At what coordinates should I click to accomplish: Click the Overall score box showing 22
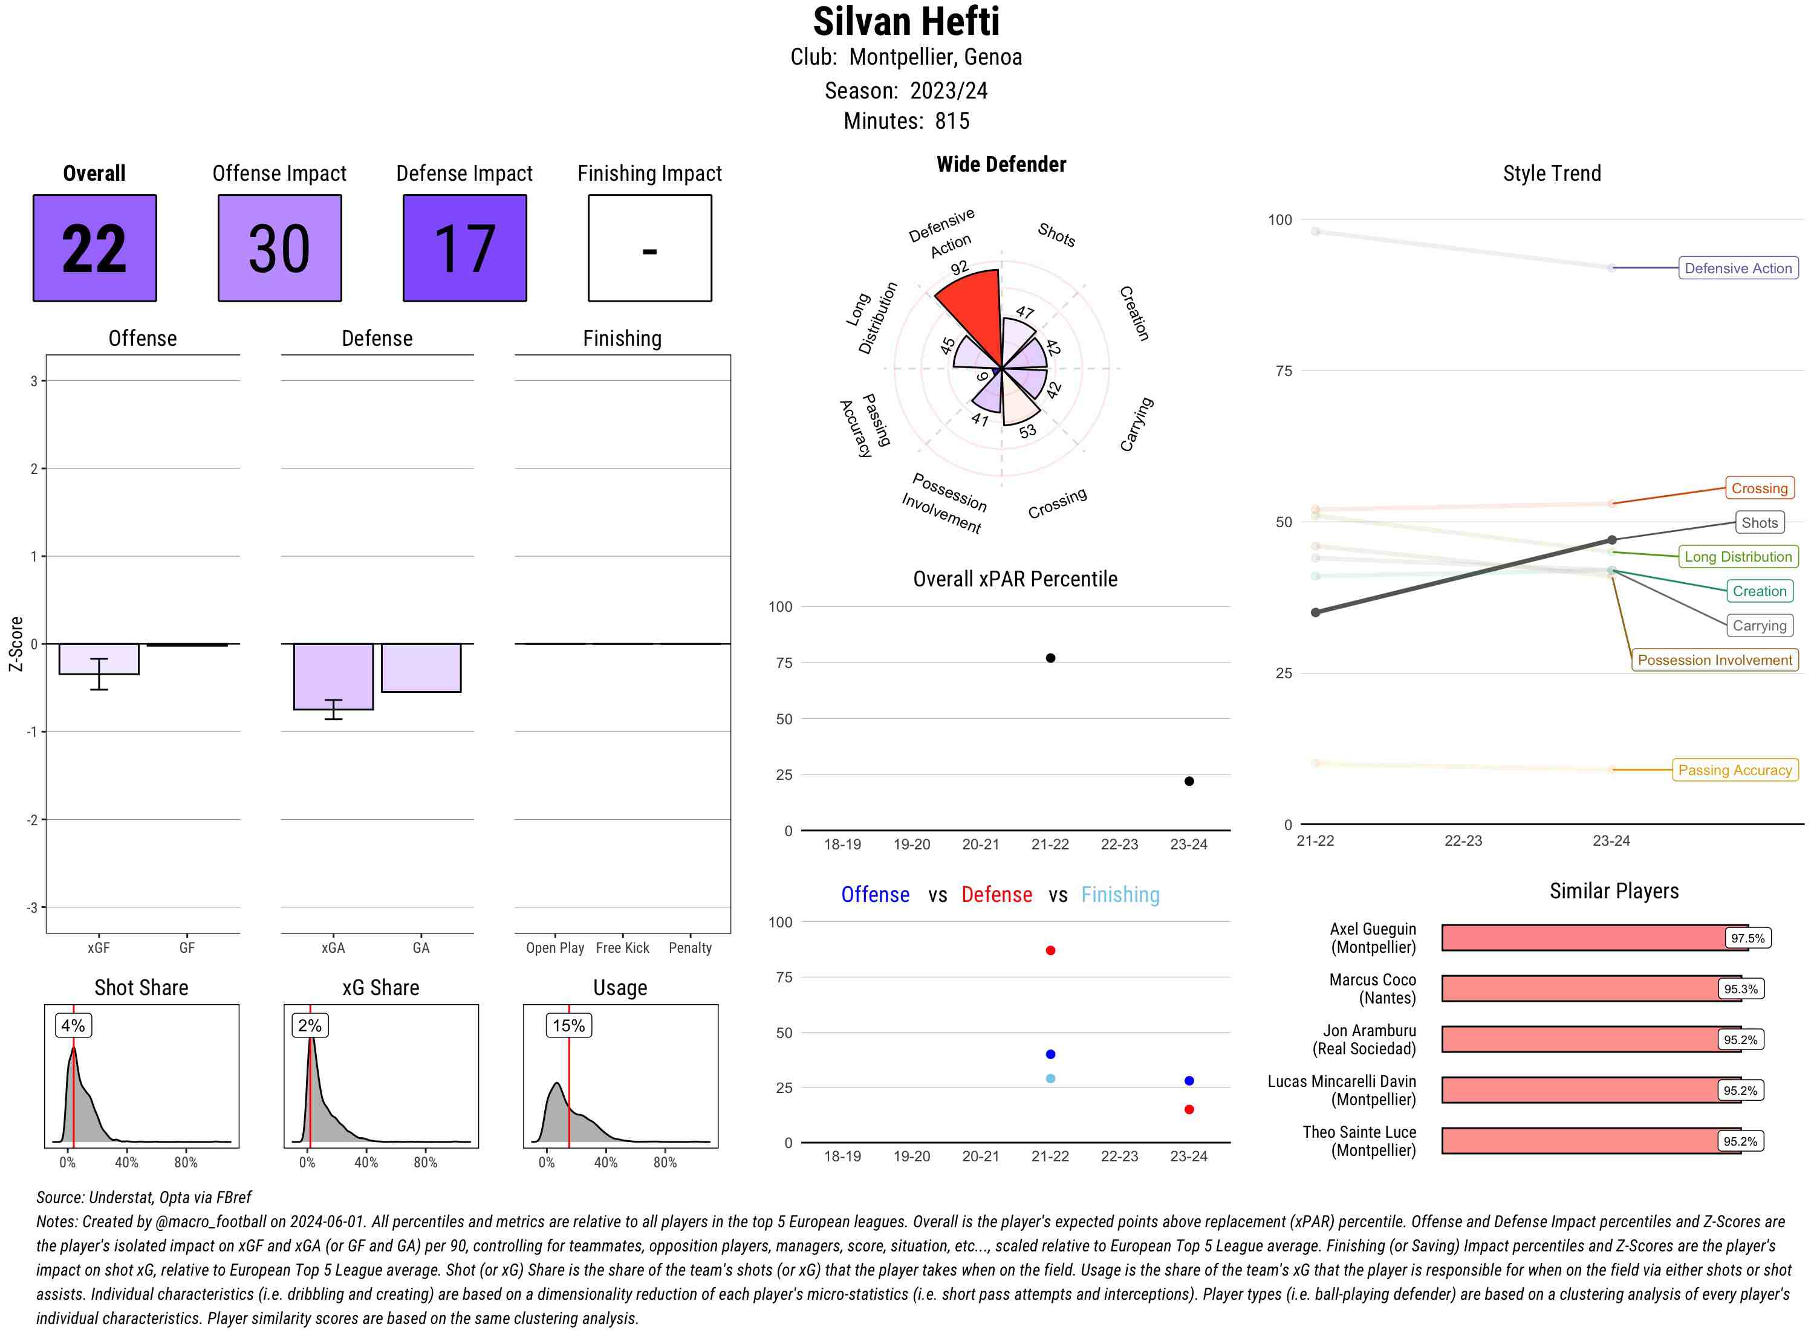point(94,248)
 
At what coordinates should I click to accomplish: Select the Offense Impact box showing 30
point(279,248)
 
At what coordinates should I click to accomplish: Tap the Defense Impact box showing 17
point(464,248)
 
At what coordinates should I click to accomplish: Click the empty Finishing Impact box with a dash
point(650,248)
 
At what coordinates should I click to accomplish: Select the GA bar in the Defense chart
point(421,667)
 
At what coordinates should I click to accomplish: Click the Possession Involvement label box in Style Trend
point(1715,660)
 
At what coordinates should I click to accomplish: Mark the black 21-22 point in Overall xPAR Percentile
point(1050,658)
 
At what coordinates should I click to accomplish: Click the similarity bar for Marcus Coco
point(1578,988)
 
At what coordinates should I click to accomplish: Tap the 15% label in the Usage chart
point(568,1026)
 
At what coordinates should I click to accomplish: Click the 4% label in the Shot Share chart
point(73,1026)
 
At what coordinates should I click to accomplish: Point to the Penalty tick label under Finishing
point(690,949)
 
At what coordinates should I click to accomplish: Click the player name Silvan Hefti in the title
point(906,22)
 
